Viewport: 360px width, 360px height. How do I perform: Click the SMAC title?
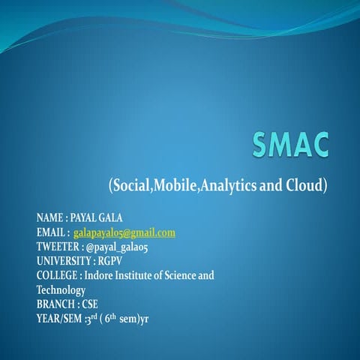tap(291, 142)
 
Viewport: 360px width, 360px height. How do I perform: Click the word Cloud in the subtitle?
tap(305, 184)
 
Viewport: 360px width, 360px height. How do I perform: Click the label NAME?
tap(49, 218)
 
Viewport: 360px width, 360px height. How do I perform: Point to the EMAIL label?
tap(51, 232)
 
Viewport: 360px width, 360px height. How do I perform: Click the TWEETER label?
tap(57, 247)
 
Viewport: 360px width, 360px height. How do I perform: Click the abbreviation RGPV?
tap(110, 261)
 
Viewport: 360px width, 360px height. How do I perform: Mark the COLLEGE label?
tap(57, 275)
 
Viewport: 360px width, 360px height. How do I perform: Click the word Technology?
tap(61, 289)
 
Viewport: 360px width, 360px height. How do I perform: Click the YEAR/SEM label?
tap(61, 318)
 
